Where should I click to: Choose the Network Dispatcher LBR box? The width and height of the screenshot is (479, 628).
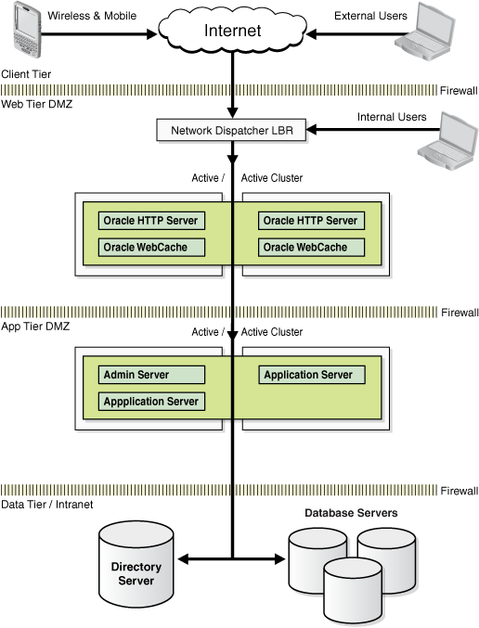click(x=231, y=131)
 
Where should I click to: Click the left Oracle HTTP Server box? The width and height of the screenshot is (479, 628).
click(x=151, y=221)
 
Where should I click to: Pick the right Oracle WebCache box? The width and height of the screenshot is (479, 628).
click(x=311, y=248)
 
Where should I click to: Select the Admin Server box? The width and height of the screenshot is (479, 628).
click(x=151, y=375)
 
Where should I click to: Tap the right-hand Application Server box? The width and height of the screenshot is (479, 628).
click(x=311, y=375)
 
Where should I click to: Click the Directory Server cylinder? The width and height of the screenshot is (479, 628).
click(x=136, y=565)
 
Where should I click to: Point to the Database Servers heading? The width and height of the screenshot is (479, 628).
click(x=351, y=513)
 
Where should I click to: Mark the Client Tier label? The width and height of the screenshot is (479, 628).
click(x=26, y=72)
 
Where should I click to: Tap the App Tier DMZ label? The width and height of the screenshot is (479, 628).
click(x=36, y=327)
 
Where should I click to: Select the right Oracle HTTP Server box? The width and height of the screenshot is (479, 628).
click(x=311, y=221)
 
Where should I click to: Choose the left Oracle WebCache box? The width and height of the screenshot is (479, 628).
click(x=151, y=248)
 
